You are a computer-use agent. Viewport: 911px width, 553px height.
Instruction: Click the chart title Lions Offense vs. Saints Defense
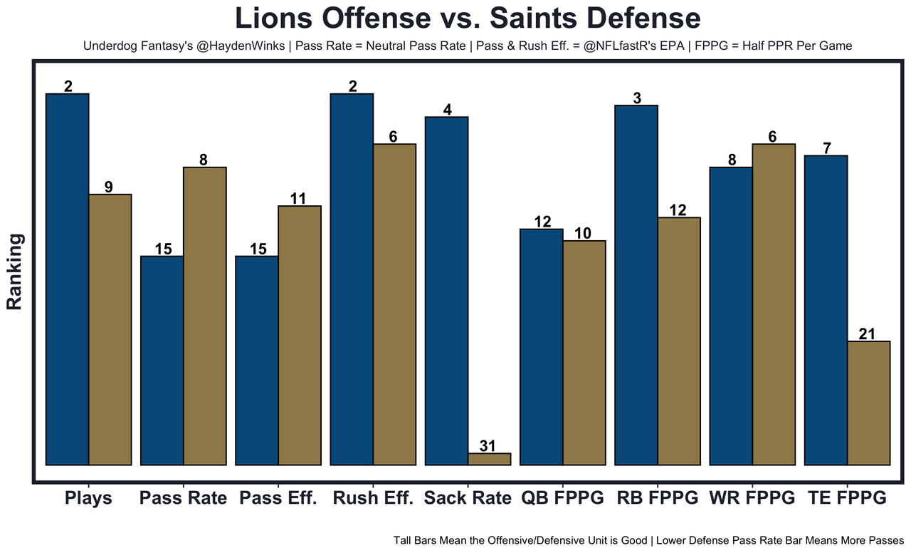point(468,19)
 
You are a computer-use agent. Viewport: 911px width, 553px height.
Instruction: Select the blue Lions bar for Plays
point(67,279)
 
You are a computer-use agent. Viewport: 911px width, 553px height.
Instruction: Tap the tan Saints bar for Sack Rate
point(490,459)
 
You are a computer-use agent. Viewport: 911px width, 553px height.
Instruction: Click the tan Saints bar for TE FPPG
point(869,403)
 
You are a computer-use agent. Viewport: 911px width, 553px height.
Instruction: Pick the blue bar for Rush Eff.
point(352,279)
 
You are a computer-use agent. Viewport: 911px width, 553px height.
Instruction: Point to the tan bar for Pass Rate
point(205,316)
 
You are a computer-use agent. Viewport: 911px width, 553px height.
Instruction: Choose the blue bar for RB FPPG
point(636,285)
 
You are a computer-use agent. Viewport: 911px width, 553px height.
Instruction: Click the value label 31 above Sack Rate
point(488,446)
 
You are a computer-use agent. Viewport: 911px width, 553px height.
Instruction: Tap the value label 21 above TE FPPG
point(867,334)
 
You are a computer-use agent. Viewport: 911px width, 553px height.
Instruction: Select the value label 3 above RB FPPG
point(637,98)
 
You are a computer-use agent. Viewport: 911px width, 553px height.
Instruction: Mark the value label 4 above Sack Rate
point(447,110)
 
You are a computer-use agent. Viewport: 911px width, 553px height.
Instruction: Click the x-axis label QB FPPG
point(562,498)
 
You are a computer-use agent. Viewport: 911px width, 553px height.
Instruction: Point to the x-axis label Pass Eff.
point(278,498)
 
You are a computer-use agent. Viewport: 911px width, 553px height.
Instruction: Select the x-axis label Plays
point(88,498)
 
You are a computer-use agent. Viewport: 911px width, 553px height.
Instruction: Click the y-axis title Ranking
point(15,271)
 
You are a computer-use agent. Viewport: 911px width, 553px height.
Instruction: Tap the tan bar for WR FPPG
point(774,304)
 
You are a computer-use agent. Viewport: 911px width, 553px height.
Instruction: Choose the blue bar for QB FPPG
point(542,346)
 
